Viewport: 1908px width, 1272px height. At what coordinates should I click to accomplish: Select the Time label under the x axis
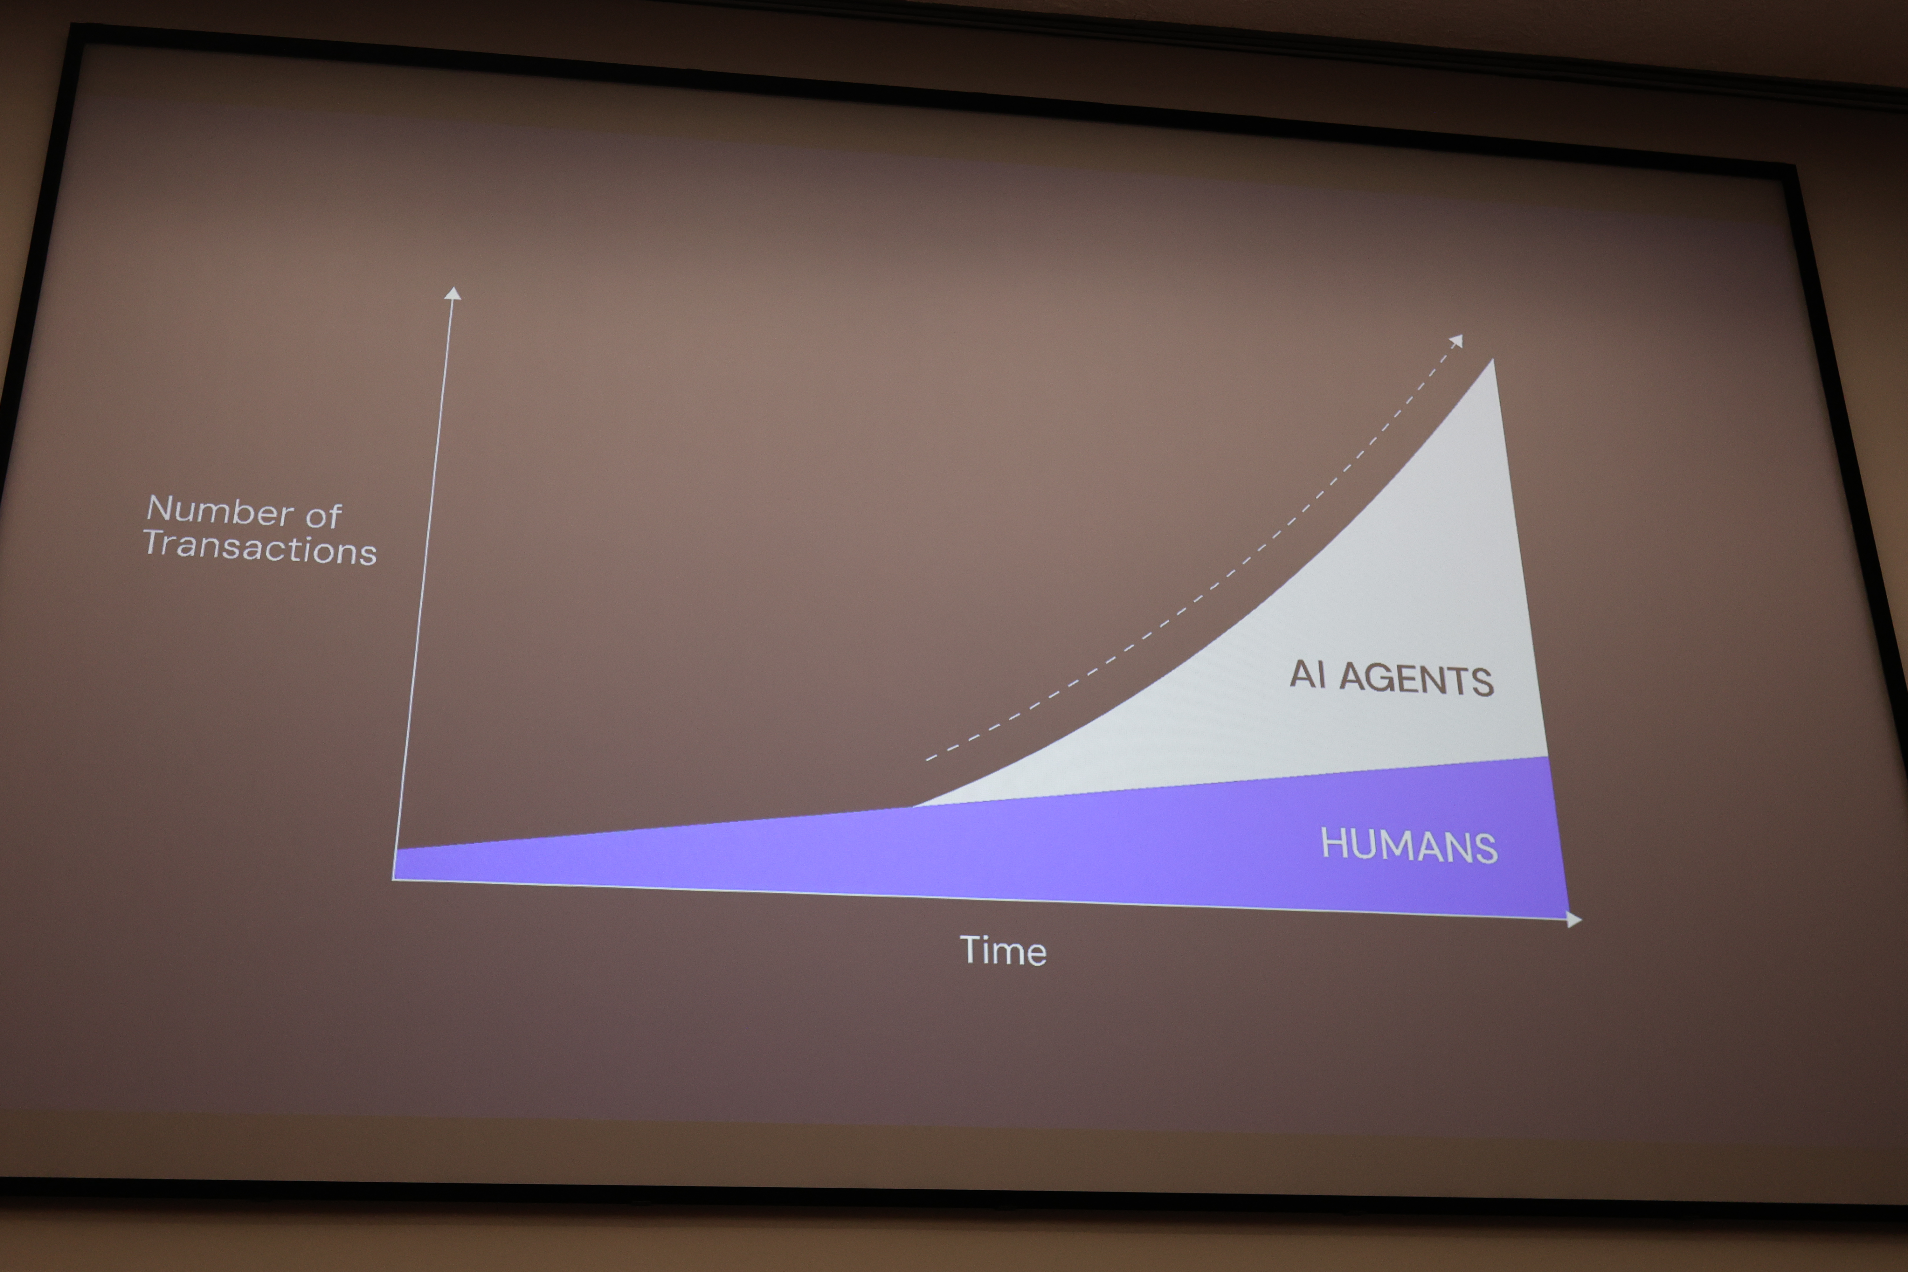click(1003, 951)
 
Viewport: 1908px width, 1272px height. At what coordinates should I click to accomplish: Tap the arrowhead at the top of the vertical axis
click(453, 293)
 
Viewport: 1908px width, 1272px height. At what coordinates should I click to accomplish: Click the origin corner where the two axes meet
click(394, 879)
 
